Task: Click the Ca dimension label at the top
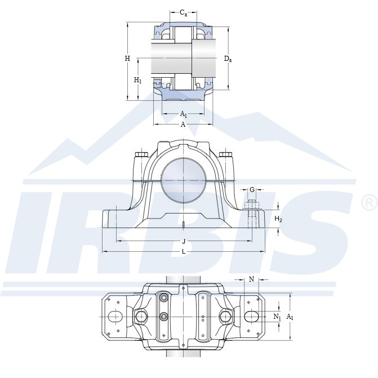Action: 184,13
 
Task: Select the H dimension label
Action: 127,59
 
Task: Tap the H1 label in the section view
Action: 137,80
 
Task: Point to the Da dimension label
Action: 228,59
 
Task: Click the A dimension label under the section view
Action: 183,124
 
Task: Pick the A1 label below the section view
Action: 184,114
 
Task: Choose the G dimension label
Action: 252,190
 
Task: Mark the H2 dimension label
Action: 278,219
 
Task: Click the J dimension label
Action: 184,241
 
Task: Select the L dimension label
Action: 184,252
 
